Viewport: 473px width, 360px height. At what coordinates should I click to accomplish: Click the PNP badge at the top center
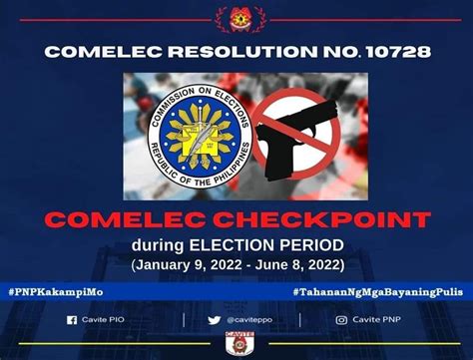click(x=236, y=17)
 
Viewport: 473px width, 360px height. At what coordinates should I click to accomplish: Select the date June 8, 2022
click(x=295, y=264)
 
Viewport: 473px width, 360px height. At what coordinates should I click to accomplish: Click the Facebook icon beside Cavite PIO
click(x=71, y=320)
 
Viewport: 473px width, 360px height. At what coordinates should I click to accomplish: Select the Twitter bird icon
click(x=215, y=320)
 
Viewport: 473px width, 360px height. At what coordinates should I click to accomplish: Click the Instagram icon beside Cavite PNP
click(x=341, y=320)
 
